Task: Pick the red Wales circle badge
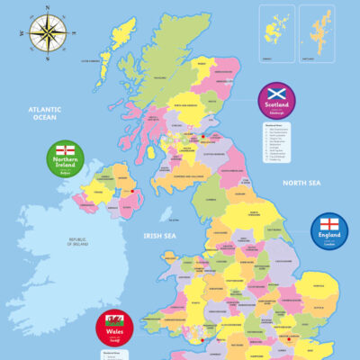115,329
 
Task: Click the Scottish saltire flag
277,94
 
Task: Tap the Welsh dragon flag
115,320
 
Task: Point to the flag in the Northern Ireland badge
66,148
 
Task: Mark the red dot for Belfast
133,191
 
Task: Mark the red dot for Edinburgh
203,137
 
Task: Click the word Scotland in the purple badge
277,105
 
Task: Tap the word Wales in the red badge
115,335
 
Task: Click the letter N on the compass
46,10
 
